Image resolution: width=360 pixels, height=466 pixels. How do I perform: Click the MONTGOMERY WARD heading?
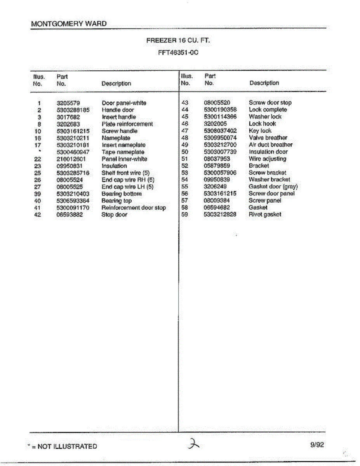point(69,24)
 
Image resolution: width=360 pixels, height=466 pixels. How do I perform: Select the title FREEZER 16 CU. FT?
point(178,40)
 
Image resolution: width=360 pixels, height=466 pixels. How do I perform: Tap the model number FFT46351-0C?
point(178,52)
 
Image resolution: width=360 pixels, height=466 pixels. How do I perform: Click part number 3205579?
point(68,103)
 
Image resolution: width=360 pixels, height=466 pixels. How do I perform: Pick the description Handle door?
point(118,110)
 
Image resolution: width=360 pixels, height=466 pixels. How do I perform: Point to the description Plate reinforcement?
point(127,124)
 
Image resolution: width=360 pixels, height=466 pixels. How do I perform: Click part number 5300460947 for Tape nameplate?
point(73,152)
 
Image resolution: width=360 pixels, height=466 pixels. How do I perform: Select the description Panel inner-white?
point(124,159)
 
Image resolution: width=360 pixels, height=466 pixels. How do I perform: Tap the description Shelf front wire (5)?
point(125,173)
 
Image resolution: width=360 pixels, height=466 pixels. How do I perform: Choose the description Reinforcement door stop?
point(134,208)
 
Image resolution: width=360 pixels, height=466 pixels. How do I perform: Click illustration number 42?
point(38,215)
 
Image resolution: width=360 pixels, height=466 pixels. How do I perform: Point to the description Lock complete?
point(268,110)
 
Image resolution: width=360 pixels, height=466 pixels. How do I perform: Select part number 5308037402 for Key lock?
point(220,131)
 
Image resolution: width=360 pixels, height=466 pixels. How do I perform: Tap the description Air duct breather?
point(271,145)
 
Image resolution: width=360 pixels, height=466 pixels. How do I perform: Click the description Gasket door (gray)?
point(273,187)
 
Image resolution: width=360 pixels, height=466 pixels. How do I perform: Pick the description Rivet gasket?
point(265,215)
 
